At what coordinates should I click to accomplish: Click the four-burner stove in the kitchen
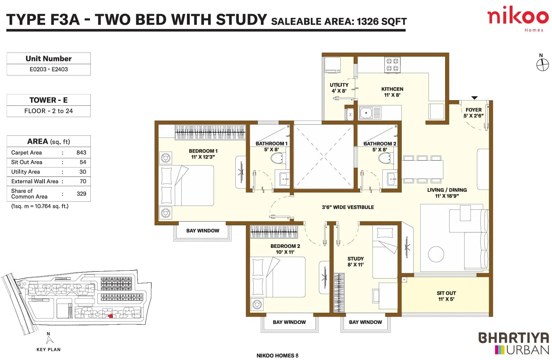pos(392,65)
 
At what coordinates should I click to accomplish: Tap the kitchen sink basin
pos(366,113)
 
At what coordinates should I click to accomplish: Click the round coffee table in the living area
pos(436,254)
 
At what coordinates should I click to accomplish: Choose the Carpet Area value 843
pos(81,153)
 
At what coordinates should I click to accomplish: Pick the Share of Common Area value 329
pos(81,194)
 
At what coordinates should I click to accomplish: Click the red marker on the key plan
pos(111,316)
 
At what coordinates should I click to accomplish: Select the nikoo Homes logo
pos(518,19)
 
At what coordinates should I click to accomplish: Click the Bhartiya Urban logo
pos(514,343)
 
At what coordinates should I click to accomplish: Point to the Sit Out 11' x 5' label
pos(446,296)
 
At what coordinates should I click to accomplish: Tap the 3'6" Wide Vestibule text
pos(348,207)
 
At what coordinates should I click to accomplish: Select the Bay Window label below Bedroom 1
pos(202,231)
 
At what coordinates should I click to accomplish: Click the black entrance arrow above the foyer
pos(475,98)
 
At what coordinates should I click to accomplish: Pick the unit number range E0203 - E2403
pos(49,69)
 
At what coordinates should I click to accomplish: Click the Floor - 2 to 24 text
pos(49,111)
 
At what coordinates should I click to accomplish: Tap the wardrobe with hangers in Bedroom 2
pos(274,232)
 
